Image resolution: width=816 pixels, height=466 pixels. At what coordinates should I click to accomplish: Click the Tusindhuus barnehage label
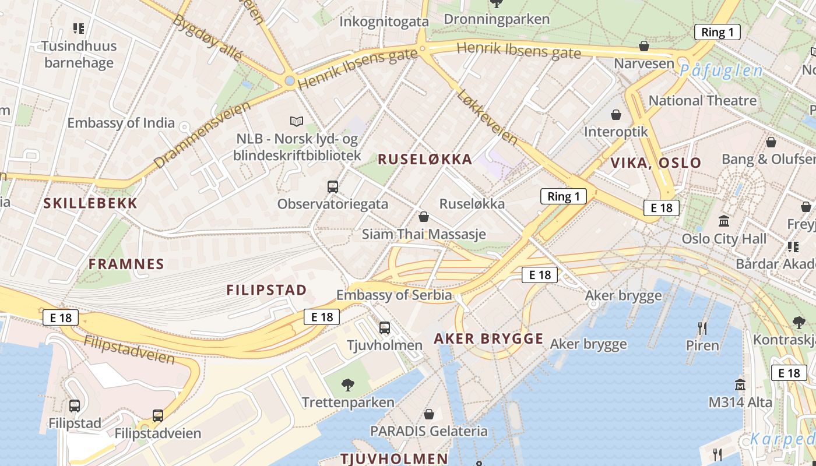(79, 54)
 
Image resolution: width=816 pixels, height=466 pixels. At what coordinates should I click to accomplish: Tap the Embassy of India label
(121, 123)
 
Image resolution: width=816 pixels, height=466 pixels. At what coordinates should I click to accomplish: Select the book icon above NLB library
(297, 121)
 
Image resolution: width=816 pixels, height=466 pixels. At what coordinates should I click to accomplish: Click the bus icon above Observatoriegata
(333, 187)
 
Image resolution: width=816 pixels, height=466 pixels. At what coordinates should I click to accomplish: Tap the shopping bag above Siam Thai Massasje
(424, 217)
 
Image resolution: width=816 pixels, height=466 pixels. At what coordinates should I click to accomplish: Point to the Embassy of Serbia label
(394, 295)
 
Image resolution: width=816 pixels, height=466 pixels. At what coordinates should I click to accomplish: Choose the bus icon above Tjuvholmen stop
(385, 328)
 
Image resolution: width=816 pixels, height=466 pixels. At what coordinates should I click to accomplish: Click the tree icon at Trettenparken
(348, 384)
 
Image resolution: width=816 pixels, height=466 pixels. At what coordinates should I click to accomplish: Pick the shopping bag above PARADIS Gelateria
(429, 414)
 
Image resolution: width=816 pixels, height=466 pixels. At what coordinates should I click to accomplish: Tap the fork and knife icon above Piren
(702, 329)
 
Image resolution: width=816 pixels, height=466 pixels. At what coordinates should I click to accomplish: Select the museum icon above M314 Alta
(740, 384)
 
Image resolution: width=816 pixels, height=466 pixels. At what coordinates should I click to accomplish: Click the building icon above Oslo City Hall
(724, 221)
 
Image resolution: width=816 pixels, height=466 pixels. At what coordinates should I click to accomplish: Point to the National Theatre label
(702, 101)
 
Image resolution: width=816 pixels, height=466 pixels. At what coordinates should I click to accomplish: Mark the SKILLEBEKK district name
(90, 203)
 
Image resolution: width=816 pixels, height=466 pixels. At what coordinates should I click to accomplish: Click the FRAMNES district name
(126, 264)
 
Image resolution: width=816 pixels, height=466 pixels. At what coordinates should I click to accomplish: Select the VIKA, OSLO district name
(656, 163)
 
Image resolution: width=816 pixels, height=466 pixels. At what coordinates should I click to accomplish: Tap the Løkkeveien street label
(487, 116)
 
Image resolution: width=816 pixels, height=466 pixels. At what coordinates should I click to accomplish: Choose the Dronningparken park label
(497, 19)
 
